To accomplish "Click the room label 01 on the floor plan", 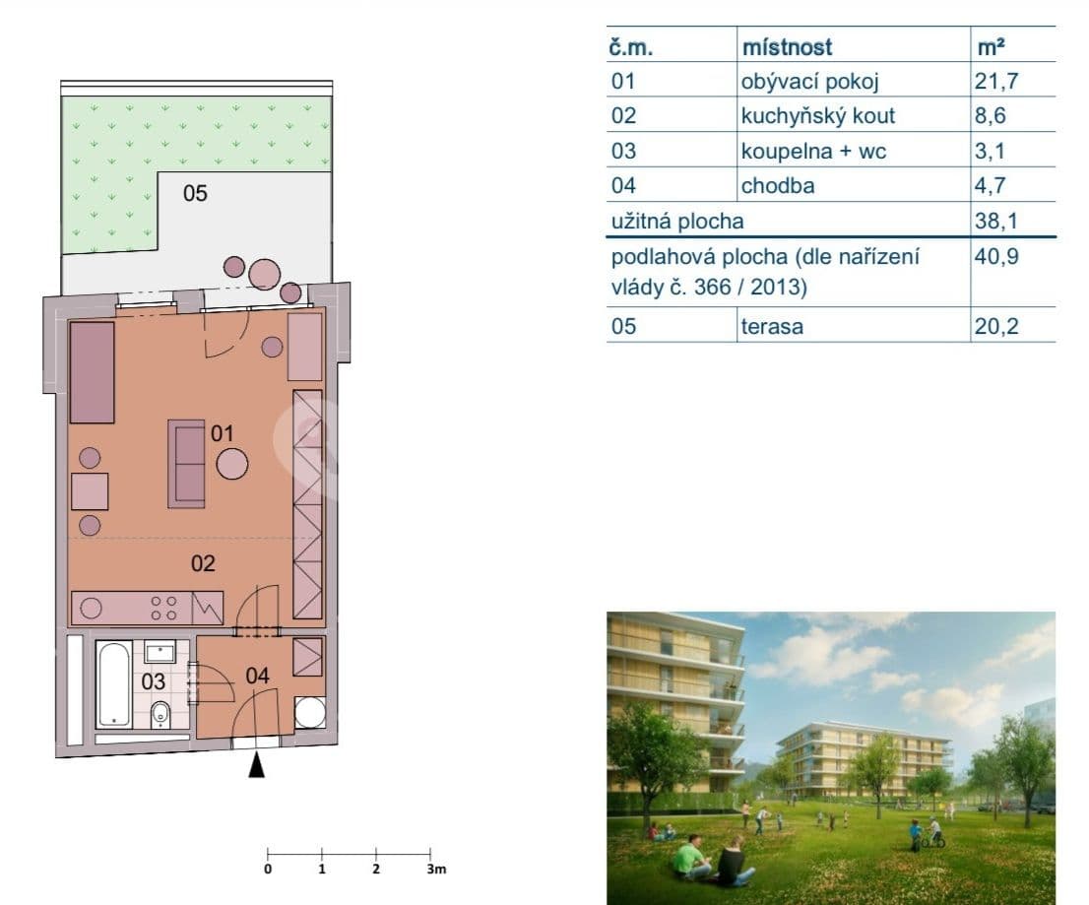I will click(222, 432).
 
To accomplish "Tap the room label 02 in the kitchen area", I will click(203, 564).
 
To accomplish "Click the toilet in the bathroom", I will click(160, 713).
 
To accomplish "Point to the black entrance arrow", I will click(256, 765).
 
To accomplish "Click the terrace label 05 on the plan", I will click(195, 193).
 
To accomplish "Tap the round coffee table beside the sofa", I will click(232, 463).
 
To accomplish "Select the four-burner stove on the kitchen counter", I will click(163, 608).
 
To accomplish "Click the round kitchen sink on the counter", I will click(92, 608).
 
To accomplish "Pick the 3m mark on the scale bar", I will click(434, 870).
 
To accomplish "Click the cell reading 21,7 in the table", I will click(995, 81).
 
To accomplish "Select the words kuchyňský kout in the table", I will click(817, 115).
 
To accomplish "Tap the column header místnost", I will click(786, 46).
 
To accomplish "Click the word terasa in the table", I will click(771, 326).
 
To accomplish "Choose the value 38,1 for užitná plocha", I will click(994, 222).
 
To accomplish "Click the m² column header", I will click(990, 46).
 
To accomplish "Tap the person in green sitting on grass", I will click(690, 856).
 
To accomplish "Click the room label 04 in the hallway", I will click(256, 676).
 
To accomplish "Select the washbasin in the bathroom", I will click(160, 651).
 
